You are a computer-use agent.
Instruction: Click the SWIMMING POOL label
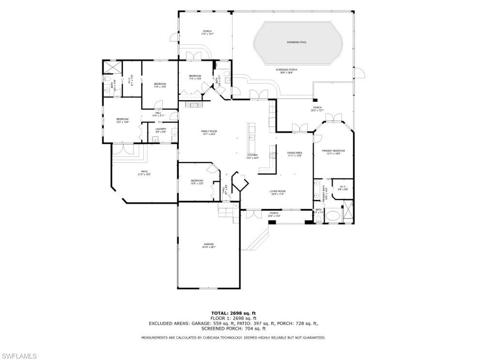296,42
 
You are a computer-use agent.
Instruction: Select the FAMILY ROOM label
209,132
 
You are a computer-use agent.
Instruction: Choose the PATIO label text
144,172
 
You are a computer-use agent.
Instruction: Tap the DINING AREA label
295,154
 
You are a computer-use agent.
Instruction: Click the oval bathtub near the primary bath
332,216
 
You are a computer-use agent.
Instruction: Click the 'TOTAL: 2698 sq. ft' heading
233,313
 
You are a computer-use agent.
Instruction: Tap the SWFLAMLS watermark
18,356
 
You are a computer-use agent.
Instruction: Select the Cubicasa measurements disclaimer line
233,337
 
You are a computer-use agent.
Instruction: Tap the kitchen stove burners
273,156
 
